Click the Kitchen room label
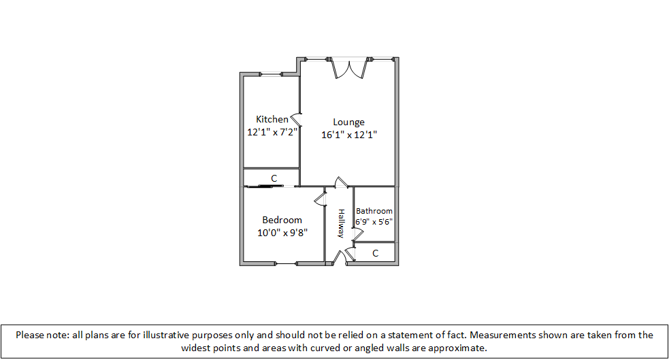(272, 119)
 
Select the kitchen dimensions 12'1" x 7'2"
(272, 132)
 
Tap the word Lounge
(348, 122)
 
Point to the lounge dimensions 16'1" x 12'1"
(348, 135)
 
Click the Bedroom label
(282, 220)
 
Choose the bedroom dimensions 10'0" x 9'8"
(282, 232)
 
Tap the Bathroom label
(374, 211)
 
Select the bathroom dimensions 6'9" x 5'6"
(374, 222)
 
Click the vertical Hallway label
(341, 223)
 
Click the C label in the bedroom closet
(274, 178)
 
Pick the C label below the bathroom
(375, 253)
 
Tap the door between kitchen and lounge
(297, 118)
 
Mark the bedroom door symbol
(320, 199)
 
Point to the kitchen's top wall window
(273, 75)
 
